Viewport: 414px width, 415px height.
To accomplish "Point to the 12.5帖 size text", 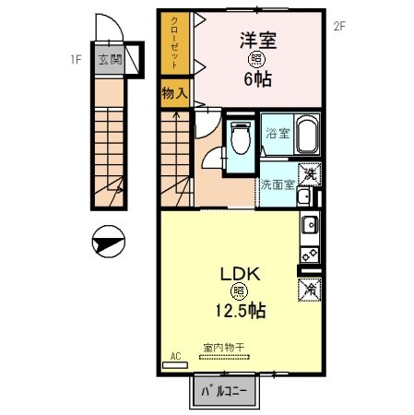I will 242,312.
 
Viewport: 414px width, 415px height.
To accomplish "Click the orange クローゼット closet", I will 173,46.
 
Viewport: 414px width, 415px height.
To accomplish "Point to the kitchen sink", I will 308,224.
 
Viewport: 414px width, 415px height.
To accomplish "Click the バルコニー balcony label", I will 225,392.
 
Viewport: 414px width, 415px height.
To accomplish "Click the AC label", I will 174,353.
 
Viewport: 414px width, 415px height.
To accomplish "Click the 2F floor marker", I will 339,26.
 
